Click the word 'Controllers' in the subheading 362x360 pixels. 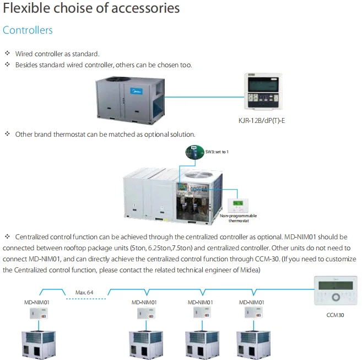coord(28,30)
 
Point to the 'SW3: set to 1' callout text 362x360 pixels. coord(218,151)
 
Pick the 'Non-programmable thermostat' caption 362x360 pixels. coord(238,218)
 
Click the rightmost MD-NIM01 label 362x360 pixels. coord(252,302)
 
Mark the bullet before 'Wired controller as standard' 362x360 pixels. coord(7,53)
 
